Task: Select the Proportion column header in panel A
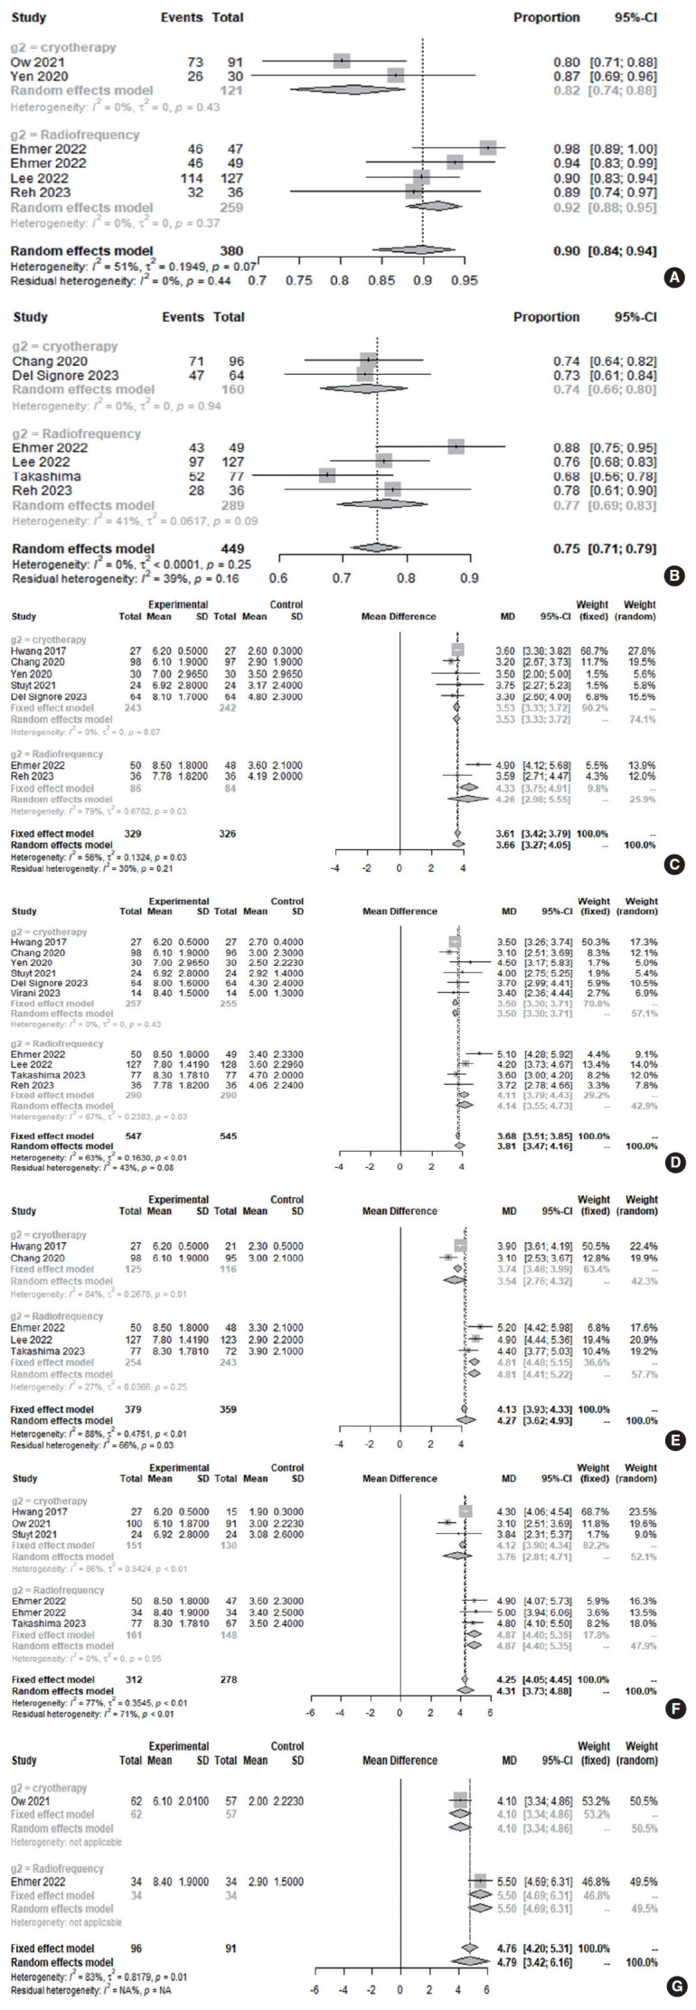pyautogui.click(x=546, y=17)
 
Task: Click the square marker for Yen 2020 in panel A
pyautogui.click(x=396, y=75)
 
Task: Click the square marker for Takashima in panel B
pyautogui.click(x=327, y=475)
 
